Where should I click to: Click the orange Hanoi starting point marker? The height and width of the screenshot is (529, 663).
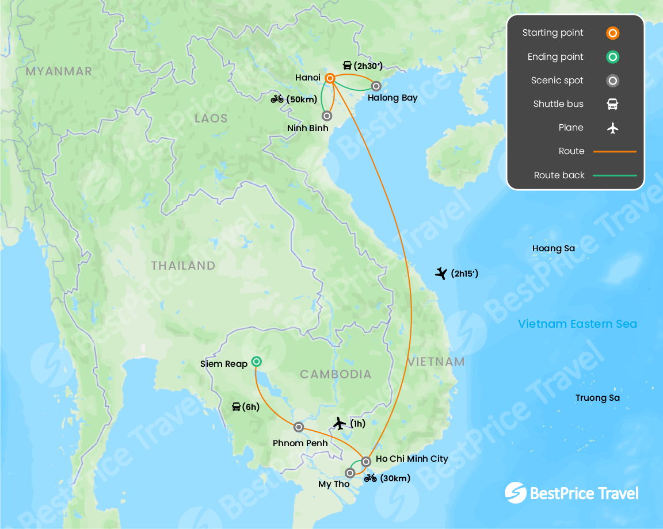coord(330,78)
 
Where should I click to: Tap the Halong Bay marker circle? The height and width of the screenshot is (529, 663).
coord(376,86)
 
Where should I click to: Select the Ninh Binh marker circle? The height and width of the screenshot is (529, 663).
coord(327,116)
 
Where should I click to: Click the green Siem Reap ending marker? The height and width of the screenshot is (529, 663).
coord(257,362)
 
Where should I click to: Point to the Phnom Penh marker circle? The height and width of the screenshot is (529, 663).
coord(299,427)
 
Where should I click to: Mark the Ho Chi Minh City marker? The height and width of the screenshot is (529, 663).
coord(365,461)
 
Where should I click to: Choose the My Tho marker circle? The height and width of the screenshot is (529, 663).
coord(350,473)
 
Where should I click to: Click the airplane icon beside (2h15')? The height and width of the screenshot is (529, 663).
coord(441,273)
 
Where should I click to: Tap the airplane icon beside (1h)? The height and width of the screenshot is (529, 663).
coord(340,424)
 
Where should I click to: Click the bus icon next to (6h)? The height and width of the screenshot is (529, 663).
coord(236,407)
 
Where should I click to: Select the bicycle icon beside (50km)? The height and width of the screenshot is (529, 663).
coord(277,99)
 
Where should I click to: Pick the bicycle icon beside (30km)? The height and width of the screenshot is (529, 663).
coord(370,478)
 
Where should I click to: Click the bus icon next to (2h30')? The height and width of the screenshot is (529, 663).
coord(347,65)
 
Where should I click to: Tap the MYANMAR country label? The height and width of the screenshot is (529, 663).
coord(59,71)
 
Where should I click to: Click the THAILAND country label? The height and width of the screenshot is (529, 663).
coord(183,266)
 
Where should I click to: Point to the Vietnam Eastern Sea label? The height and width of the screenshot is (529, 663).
coord(577,324)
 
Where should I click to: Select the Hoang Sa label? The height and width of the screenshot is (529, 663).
coord(554,248)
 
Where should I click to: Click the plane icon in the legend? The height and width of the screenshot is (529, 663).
coord(613,128)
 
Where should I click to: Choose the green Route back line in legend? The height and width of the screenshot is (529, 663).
coord(615,175)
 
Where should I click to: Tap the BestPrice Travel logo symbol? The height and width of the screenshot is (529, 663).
coord(515,493)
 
